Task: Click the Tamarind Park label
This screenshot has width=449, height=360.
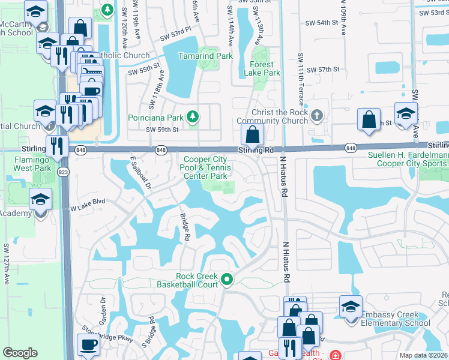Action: (205, 56)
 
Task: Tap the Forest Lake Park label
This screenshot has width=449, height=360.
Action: (262, 68)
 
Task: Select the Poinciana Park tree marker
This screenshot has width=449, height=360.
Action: (192, 116)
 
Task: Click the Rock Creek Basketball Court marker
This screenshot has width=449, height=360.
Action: (227, 278)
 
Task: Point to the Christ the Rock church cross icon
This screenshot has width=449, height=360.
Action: (317, 115)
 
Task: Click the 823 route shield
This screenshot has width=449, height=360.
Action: (63, 172)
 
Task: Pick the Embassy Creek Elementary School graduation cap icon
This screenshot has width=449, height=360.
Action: (351, 305)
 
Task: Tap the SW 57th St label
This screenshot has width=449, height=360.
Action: (324, 70)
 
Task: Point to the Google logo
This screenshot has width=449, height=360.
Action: (20, 353)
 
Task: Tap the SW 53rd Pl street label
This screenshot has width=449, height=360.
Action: (175, 38)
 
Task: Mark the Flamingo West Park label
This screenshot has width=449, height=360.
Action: (26, 160)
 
